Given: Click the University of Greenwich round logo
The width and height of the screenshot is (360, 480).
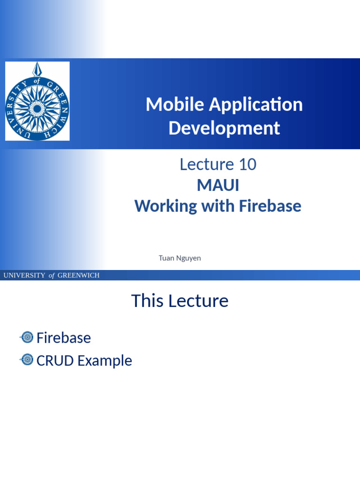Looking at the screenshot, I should point(37,101).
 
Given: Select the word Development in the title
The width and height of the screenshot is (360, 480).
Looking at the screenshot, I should point(224,128).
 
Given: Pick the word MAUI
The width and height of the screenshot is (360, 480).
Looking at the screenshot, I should point(218,185).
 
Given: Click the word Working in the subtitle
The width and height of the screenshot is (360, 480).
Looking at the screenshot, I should point(166,206).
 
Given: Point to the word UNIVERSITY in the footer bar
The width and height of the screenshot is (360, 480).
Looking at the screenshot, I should point(24,276).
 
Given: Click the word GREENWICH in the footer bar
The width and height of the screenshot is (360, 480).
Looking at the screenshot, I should point(78,276).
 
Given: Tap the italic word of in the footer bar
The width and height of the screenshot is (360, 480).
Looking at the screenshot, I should point(52,276).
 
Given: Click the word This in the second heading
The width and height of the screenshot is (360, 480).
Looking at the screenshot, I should point(147,301).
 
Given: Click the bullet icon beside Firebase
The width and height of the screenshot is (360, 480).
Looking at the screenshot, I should point(27,337).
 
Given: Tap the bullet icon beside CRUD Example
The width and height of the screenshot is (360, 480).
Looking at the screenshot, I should point(27,360).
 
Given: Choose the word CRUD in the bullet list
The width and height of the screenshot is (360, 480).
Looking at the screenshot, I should point(55,360).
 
